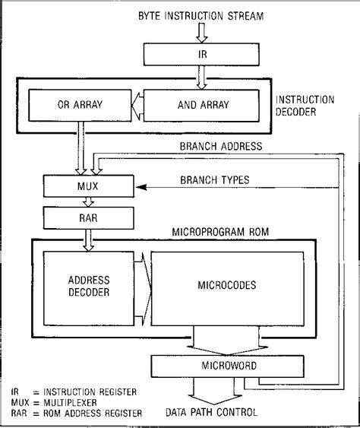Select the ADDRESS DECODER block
point(88,286)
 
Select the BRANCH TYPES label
point(213,181)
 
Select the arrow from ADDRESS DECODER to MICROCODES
point(142,286)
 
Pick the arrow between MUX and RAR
point(89,201)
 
